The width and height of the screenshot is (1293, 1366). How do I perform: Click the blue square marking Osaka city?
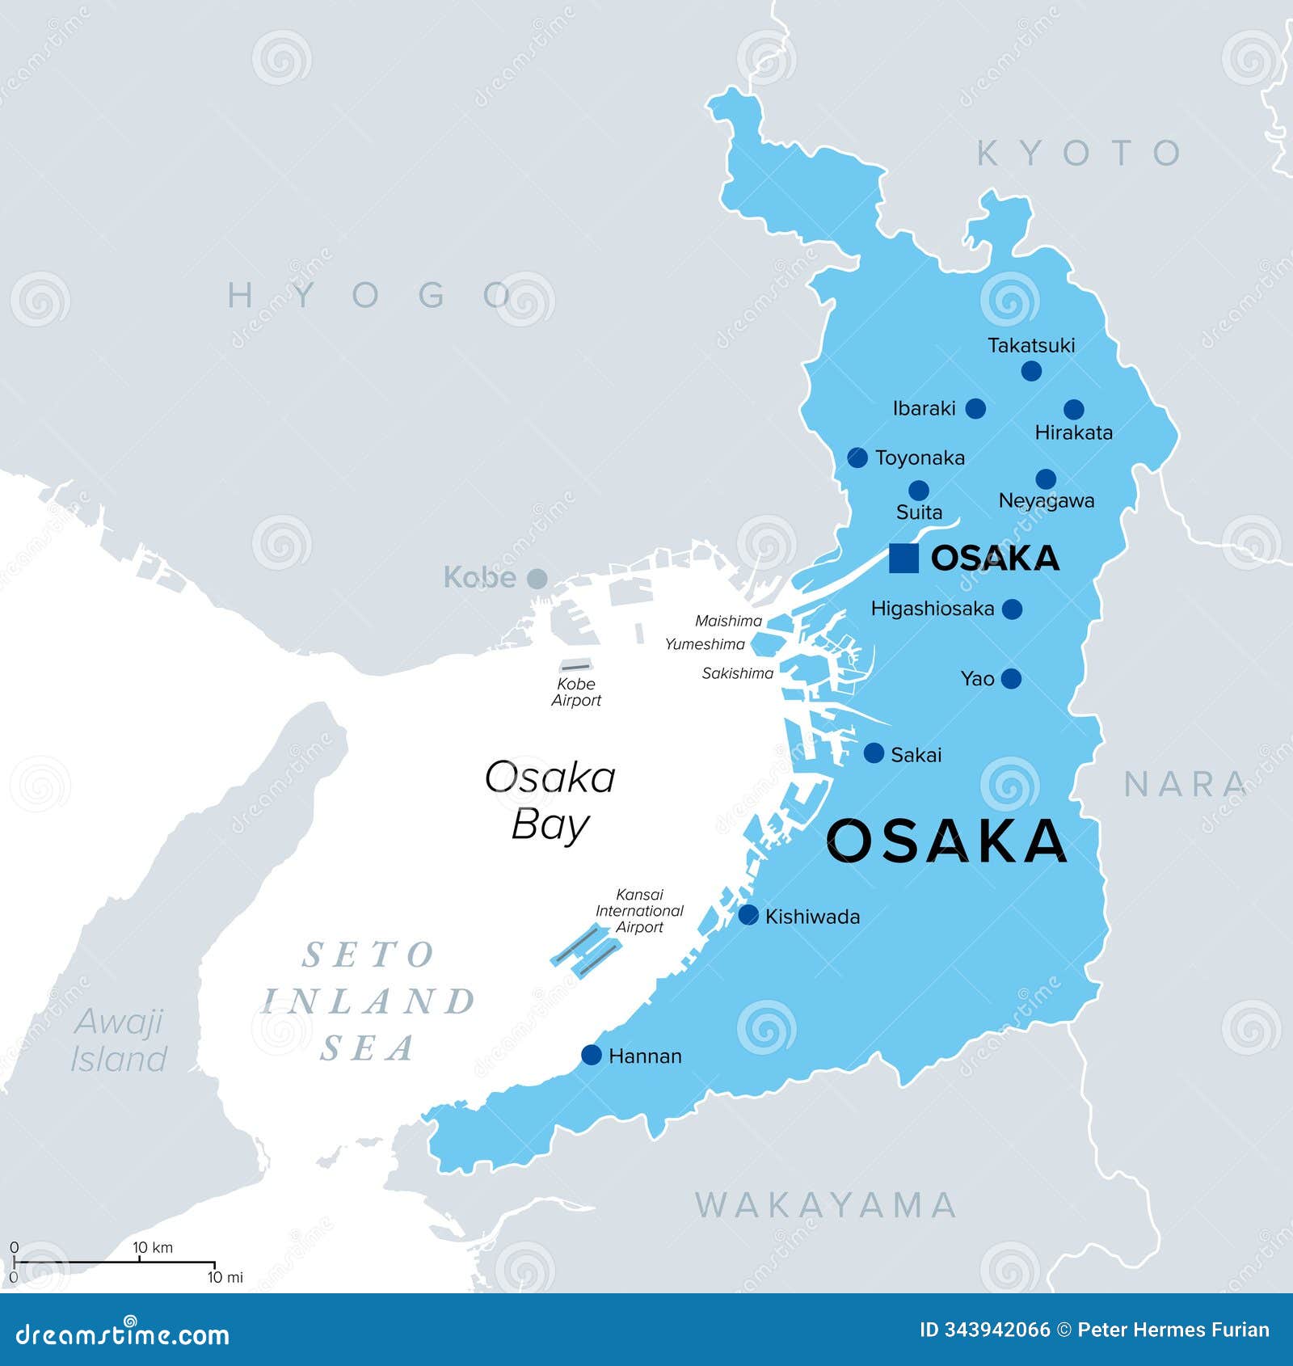tap(903, 559)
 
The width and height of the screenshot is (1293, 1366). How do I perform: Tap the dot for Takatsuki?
tap(1031, 371)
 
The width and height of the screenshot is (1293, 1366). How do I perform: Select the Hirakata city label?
tap(1073, 432)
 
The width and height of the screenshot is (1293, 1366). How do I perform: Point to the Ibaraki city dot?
tap(975, 408)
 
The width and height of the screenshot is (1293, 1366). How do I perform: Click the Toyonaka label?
tap(920, 458)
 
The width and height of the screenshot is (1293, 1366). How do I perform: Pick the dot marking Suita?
tap(919, 490)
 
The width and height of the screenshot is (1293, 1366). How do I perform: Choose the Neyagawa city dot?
tap(1046, 479)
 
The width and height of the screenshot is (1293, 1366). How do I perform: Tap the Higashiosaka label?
tap(932, 609)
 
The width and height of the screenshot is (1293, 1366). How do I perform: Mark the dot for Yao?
tap(1011, 679)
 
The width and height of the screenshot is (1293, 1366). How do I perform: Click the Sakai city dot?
tap(874, 753)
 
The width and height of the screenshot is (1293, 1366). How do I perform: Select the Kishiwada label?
tap(812, 917)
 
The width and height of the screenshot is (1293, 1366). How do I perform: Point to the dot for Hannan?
tap(592, 1055)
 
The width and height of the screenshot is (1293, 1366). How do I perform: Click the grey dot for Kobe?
tap(537, 579)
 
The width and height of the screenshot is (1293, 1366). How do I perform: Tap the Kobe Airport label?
tap(576, 692)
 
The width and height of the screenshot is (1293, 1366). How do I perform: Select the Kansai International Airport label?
tap(639, 911)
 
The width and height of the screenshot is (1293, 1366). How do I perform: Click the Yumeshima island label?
tap(705, 644)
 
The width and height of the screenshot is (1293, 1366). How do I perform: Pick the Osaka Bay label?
tap(550, 800)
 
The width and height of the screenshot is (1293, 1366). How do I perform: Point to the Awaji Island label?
tap(119, 1039)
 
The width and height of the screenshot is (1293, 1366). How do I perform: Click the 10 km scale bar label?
tap(153, 1247)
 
